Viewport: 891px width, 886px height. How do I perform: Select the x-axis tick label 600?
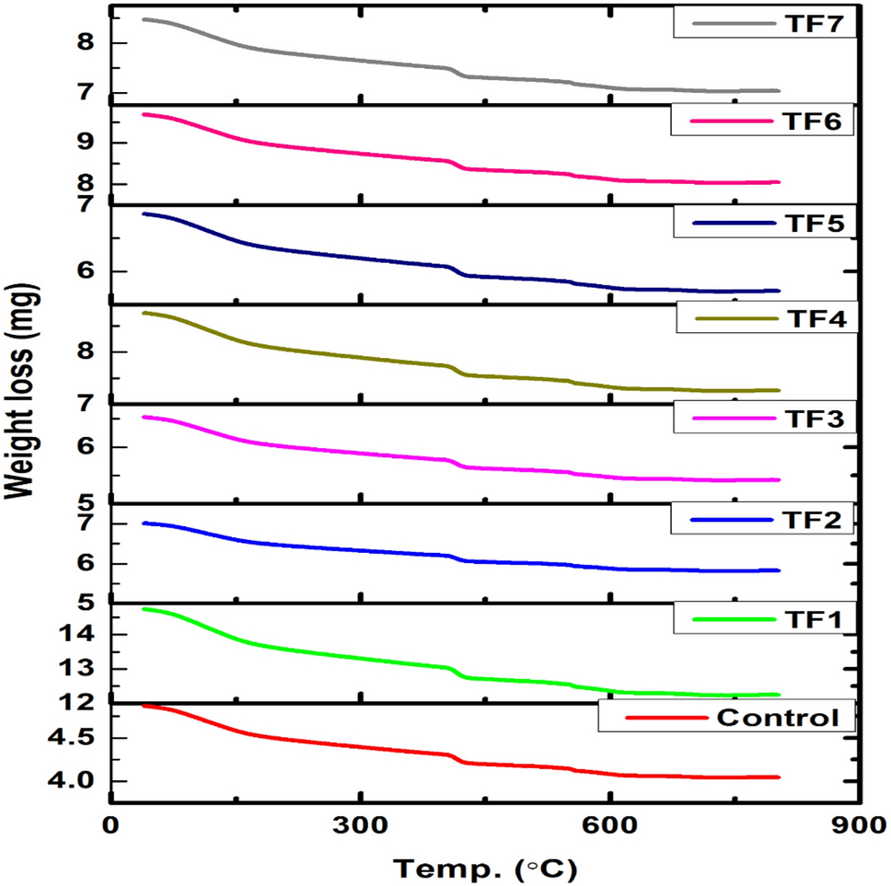pos(609,825)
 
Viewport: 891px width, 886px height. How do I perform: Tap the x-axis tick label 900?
pos(857,825)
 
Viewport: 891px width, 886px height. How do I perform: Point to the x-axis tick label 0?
pos(110,825)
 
